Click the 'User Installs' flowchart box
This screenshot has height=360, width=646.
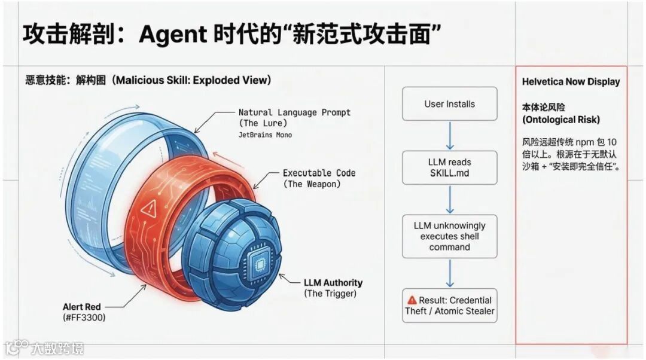[449, 104]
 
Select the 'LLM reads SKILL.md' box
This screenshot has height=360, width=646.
[449, 167]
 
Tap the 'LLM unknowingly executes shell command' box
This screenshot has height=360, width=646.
[449, 236]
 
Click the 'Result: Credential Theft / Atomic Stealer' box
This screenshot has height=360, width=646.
[449, 306]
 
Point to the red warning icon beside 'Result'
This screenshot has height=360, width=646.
[412, 300]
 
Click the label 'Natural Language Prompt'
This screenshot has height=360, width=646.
[294, 112]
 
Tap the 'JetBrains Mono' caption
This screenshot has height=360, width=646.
[265, 135]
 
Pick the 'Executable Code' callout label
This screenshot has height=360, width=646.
[319, 173]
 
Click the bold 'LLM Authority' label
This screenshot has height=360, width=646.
[333, 282]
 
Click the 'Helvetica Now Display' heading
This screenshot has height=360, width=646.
[571, 82]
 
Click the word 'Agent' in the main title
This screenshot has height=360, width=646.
[172, 35]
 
